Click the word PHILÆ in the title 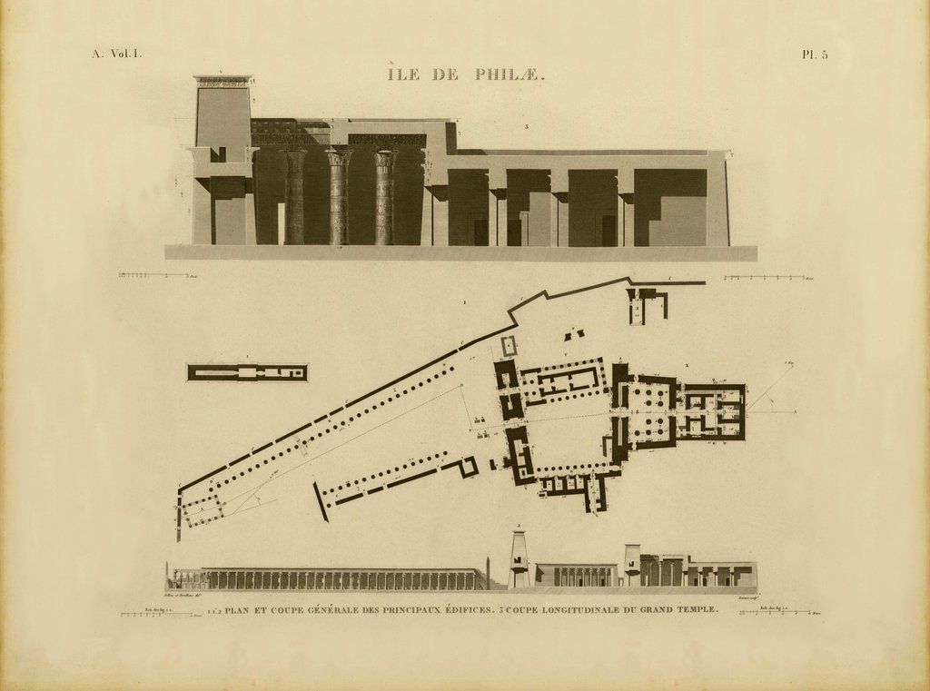click(x=509, y=75)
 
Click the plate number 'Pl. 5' click(x=815, y=54)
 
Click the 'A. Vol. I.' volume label click(x=116, y=54)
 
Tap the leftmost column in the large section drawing click(x=296, y=197)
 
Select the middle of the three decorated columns click(x=339, y=197)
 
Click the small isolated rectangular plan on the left click(x=247, y=372)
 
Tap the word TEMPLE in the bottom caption click(x=694, y=609)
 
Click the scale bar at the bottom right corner click(x=777, y=615)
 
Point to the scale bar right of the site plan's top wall click(x=763, y=277)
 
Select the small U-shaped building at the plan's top click(x=647, y=305)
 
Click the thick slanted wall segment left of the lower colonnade click(x=321, y=501)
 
